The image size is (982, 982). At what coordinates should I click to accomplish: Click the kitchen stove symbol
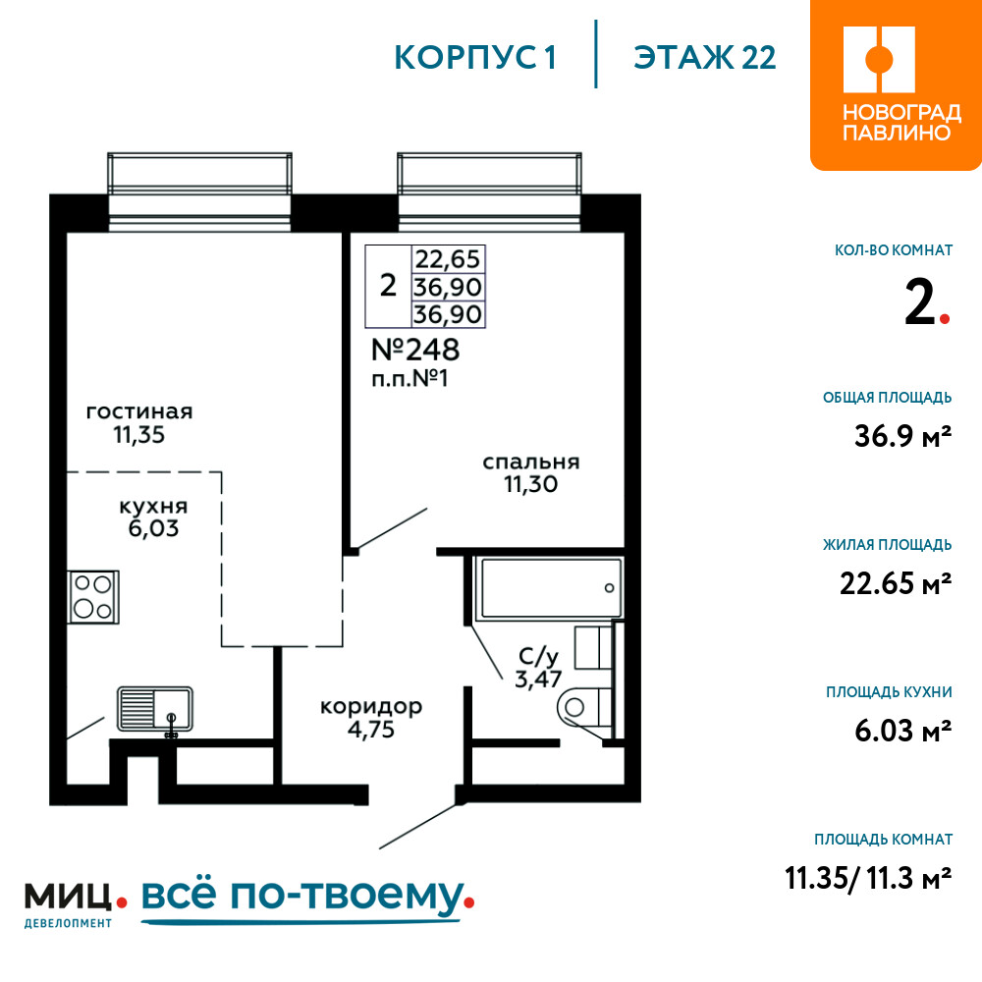(93, 597)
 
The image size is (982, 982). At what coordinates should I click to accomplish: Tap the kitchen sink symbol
(155, 710)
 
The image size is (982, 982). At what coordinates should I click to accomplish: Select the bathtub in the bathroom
(549, 587)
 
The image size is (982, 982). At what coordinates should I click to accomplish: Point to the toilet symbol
(584, 708)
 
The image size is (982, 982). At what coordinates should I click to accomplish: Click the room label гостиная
(139, 411)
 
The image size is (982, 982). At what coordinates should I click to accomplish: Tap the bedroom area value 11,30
(531, 484)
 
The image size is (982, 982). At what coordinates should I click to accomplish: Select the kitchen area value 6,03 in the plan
(153, 528)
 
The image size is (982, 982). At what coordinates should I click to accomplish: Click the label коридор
(371, 706)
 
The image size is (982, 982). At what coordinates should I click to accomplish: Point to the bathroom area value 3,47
(538, 679)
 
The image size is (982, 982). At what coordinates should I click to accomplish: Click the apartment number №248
(415, 350)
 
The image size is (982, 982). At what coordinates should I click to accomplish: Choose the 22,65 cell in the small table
(448, 258)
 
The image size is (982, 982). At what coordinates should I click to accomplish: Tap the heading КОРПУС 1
(475, 58)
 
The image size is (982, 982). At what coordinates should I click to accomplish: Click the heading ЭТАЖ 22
(704, 58)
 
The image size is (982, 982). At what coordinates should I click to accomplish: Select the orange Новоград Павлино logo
(896, 84)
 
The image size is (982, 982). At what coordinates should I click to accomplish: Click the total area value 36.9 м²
(903, 436)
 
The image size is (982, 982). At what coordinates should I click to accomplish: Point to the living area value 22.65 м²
(896, 583)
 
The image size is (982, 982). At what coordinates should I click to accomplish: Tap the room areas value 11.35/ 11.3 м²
(869, 878)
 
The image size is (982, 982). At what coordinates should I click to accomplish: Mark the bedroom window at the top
(490, 191)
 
